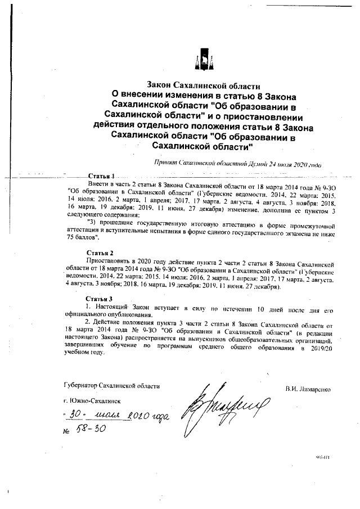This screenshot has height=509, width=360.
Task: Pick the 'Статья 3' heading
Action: (98, 298)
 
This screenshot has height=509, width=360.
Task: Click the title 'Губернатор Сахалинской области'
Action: (111, 386)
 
